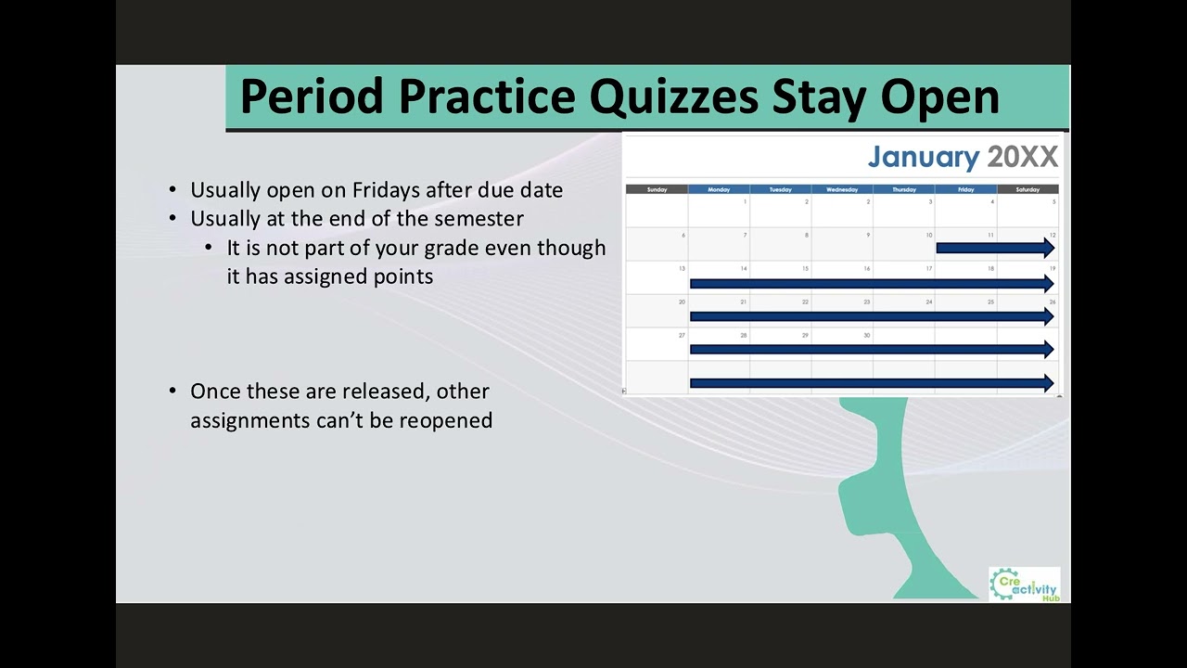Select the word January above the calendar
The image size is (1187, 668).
coord(923,157)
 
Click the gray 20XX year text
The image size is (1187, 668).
coord(1022,157)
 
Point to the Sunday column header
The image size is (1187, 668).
coord(657,189)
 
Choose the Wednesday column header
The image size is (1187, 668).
coord(842,189)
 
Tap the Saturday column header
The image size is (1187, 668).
coord(1027,189)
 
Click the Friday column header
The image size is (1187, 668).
coord(965,189)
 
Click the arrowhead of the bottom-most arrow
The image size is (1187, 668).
coord(1049,382)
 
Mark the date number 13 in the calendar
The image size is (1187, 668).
coord(682,268)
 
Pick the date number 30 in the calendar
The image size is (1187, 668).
coord(867,335)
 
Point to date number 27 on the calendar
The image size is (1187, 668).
coord(682,335)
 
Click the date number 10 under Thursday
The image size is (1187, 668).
coord(928,235)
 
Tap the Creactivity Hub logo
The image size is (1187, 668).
coord(1024,584)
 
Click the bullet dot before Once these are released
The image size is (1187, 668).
coord(172,391)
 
